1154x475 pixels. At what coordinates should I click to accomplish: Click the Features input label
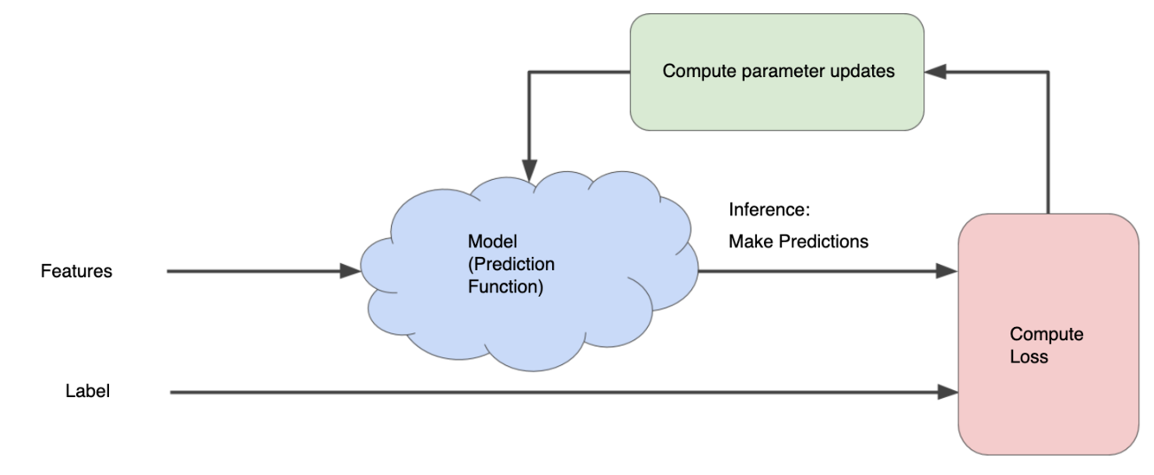(76, 271)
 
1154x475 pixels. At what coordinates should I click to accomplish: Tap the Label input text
(87, 391)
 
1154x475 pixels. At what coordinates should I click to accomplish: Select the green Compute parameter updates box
(777, 72)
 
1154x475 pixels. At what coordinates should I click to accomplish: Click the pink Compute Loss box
(1048, 334)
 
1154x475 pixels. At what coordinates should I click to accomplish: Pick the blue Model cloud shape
(529, 272)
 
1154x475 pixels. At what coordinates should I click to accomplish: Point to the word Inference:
(769, 209)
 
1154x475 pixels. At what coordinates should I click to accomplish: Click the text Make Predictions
(798, 241)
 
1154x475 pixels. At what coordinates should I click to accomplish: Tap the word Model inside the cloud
(492, 241)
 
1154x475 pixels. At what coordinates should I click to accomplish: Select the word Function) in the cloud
(505, 286)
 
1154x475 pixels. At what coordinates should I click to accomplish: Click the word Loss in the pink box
(1029, 356)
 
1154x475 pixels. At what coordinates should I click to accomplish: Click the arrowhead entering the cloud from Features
(350, 271)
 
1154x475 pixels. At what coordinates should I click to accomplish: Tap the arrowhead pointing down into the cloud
(529, 170)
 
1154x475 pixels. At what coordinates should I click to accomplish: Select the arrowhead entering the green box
(935, 72)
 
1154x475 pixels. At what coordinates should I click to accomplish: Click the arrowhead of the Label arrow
(948, 392)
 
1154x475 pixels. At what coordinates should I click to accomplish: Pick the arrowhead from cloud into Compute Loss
(947, 271)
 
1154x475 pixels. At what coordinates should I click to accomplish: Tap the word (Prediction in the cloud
(511, 264)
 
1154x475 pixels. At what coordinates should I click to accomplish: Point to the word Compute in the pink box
(1047, 334)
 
